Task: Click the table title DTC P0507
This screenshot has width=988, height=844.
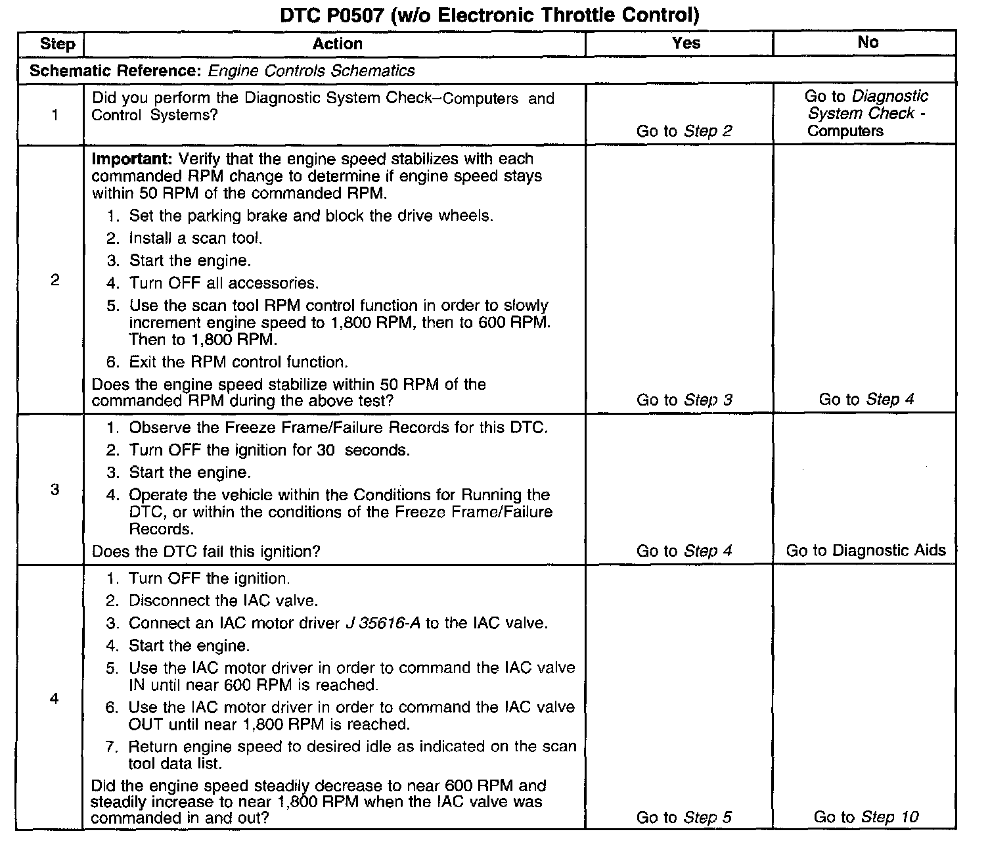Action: [x=489, y=15]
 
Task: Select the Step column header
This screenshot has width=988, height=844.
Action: [x=57, y=44]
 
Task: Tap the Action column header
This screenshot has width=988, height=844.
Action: [x=338, y=44]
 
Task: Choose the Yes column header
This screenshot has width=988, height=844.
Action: [x=686, y=43]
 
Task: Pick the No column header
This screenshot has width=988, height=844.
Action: [x=868, y=42]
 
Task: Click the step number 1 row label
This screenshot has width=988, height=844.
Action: [x=55, y=115]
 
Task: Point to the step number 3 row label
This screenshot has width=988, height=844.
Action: [x=55, y=489]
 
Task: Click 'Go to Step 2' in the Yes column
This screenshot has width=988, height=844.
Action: [x=684, y=131]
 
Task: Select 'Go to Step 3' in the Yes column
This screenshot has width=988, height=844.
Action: [x=684, y=400]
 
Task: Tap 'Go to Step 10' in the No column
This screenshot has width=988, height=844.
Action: [x=866, y=817]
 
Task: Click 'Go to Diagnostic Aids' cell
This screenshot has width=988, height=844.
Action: [x=866, y=550]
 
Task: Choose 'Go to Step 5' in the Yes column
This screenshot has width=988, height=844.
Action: [x=684, y=818]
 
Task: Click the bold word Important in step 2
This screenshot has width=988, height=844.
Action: [x=132, y=159]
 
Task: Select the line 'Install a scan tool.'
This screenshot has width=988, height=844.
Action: [x=195, y=238]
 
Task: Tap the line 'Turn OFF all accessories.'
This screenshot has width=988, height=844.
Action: [x=223, y=283]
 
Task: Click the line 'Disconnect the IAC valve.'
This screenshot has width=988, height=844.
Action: [x=223, y=601]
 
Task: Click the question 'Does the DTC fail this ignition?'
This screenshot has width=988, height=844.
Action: [x=206, y=551]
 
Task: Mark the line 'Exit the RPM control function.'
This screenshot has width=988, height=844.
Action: [x=238, y=362]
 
